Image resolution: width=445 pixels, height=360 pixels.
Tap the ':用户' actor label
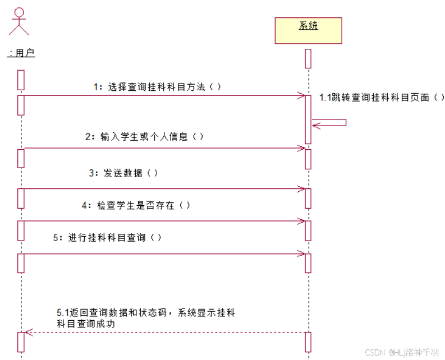21,53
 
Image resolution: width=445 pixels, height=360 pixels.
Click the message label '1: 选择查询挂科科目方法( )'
157,87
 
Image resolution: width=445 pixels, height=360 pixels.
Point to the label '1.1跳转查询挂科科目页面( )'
382,98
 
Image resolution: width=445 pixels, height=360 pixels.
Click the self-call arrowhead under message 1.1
316,124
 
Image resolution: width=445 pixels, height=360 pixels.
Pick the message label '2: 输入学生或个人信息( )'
144,136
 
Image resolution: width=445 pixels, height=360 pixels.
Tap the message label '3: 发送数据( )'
123,173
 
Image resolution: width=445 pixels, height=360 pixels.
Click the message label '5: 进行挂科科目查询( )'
107,237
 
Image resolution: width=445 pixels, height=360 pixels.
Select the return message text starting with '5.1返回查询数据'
146,318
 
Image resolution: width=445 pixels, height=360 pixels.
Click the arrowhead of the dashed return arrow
29,333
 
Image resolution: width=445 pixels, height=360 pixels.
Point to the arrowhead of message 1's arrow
301,95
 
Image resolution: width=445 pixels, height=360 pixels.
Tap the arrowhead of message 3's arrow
301,189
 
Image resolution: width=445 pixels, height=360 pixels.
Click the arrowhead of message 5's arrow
301,254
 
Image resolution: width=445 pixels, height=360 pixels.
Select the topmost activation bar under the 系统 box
308,59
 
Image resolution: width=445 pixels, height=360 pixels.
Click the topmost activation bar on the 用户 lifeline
21,80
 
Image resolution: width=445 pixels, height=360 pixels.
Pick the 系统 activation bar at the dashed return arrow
308,342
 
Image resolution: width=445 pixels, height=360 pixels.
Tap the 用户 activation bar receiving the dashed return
21,342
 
